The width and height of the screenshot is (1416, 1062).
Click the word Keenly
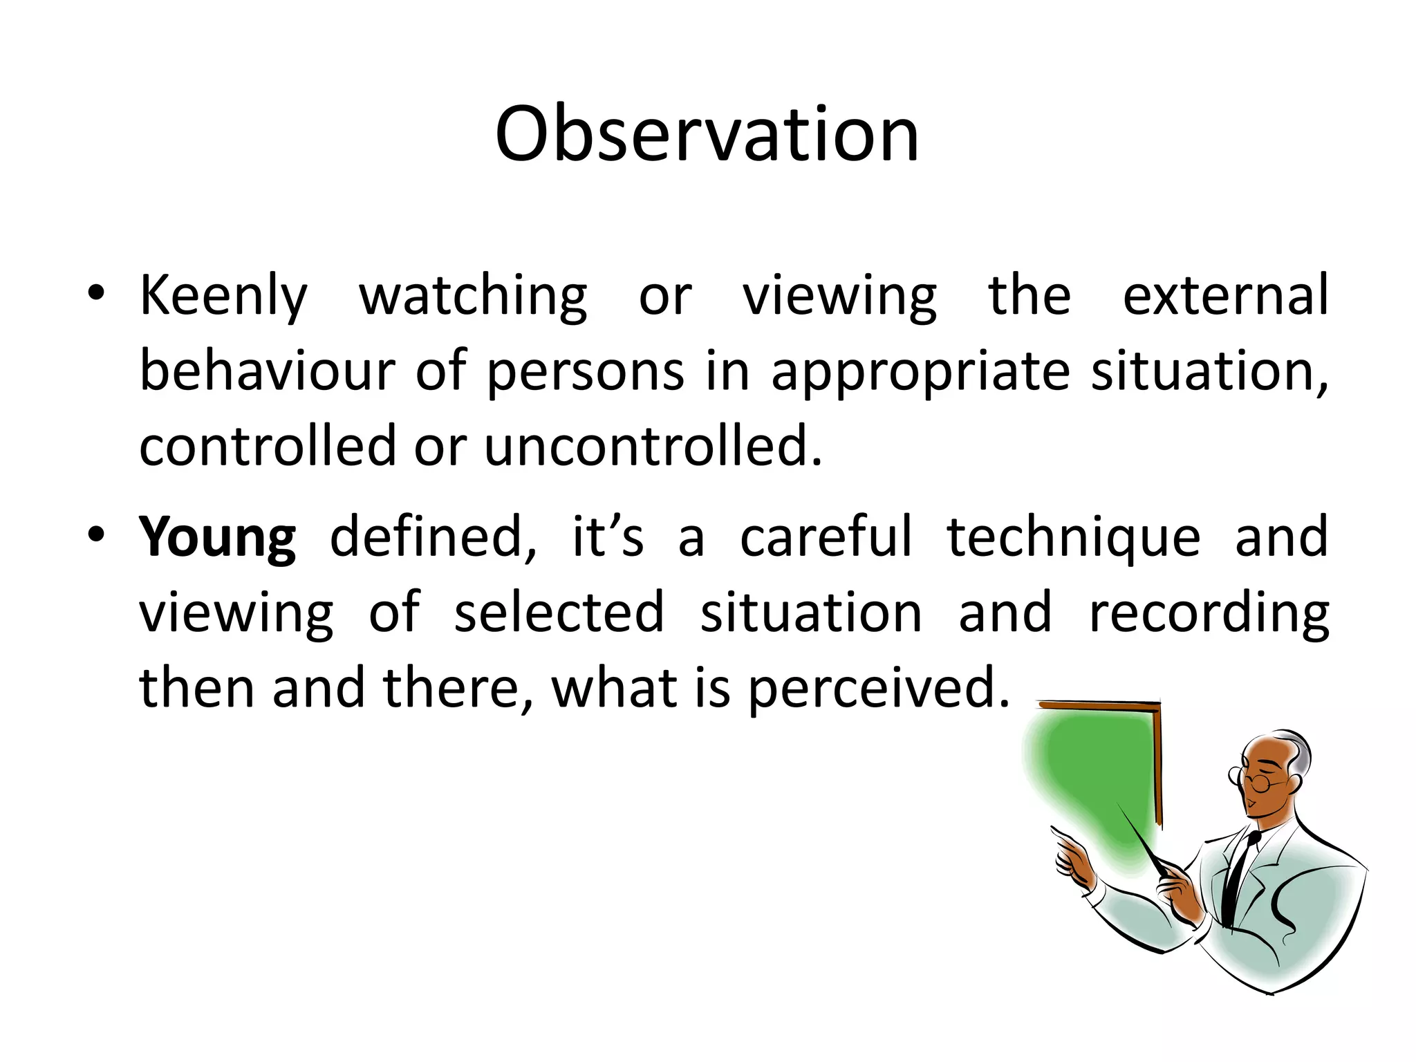click(223, 296)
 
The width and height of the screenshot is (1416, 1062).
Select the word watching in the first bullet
click(473, 296)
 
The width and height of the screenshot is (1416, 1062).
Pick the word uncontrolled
click(653, 446)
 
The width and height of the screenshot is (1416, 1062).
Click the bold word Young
click(217, 538)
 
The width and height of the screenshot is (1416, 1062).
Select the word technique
click(1073, 538)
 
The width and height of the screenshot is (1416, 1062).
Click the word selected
click(559, 613)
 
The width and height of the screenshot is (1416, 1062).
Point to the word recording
click(1209, 614)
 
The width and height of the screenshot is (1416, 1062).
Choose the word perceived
click(878, 689)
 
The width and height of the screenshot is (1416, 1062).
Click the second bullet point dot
click(96, 534)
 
